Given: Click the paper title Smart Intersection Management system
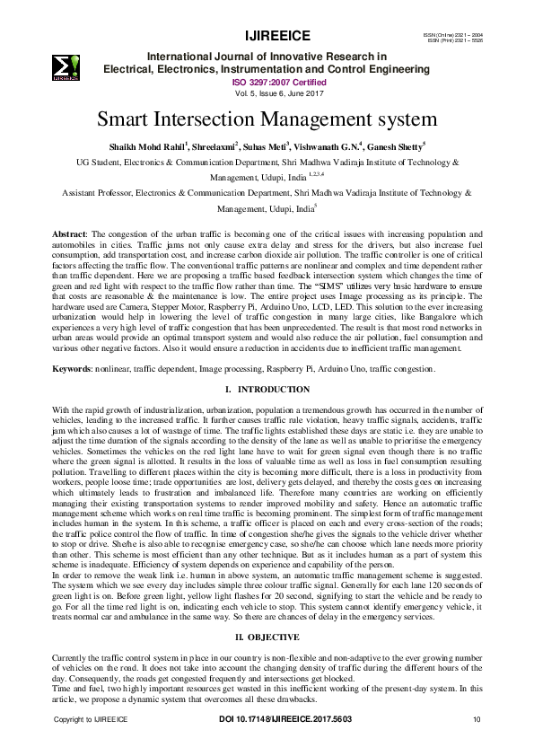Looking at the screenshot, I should (x=267, y=119).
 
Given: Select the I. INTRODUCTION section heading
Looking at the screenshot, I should (x=267, y=390).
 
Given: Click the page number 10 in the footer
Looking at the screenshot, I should (x=477, y=719).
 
